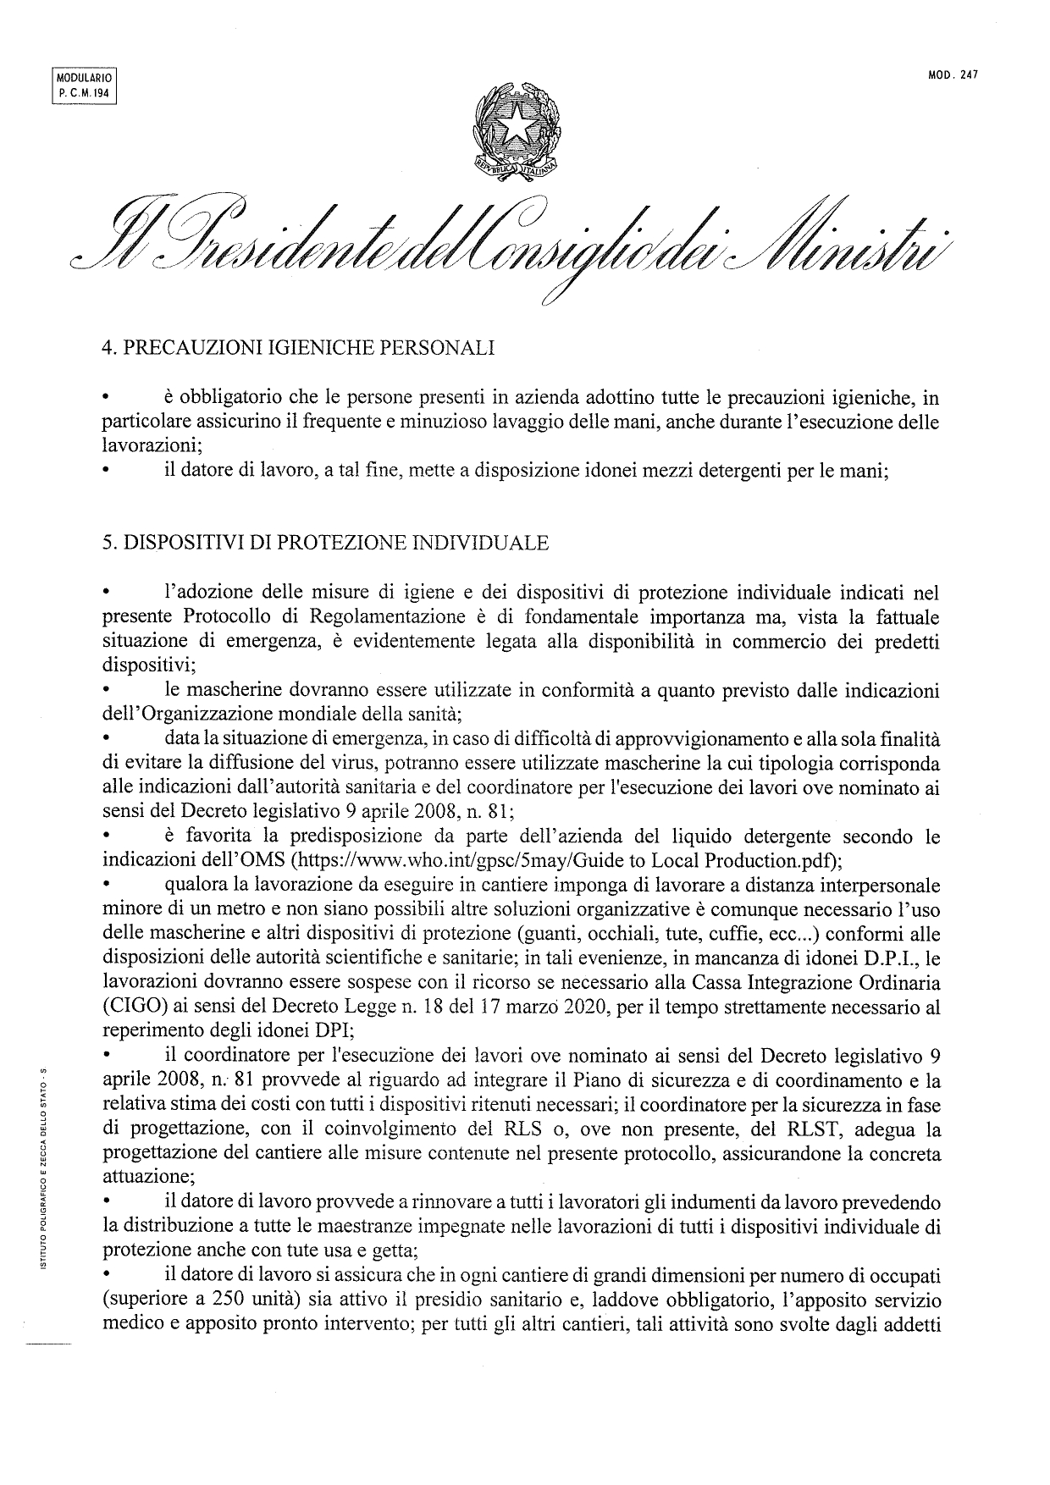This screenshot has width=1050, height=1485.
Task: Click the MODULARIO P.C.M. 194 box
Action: click(x=83, y=84)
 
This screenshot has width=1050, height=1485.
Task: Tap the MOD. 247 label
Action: click(x=953, y=75)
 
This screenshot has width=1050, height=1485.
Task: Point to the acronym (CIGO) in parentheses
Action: click(x=128, y=1008)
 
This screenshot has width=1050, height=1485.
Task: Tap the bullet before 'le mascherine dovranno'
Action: click(x=108, y=693)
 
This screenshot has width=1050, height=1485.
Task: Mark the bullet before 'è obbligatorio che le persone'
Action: click(x=108, y=398)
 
